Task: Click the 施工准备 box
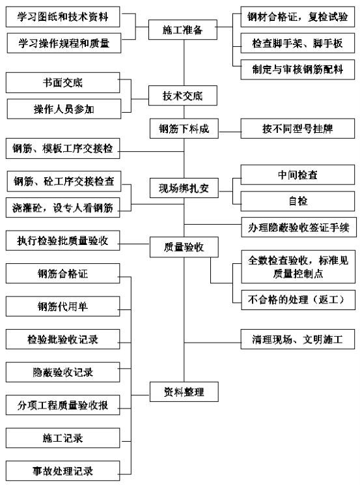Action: click(x=183, y=30)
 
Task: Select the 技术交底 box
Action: click(x=183, y=96)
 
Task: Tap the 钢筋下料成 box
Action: click(x=184, y=128)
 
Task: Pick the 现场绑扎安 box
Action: click(x=184, y=188)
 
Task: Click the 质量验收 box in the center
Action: click(x=184, y=247)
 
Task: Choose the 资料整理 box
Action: click(x=184, y=392)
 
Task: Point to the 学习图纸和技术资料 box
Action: click(x=63, y=17)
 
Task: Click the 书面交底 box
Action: click(x=63, y=83)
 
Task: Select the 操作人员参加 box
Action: click(x=64, y=109)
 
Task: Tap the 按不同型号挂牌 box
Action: click(x=298, y=128)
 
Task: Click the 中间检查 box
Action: click(x=298, y=175)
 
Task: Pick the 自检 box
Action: click(x=298, y=201)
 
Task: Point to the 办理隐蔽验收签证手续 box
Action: click(x=299, y=227)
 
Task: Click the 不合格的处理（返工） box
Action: click(x=298, y=300)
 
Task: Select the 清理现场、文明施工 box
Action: click(x=298, y=339)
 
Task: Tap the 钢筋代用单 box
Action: click(x=63, y=307)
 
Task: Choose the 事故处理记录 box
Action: click(x=63, y=471)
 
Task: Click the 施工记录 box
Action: click(x=63, y=438)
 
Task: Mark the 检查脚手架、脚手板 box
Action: click(x=298, y=43)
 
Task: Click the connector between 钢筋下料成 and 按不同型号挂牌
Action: click(x=230, y=132)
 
